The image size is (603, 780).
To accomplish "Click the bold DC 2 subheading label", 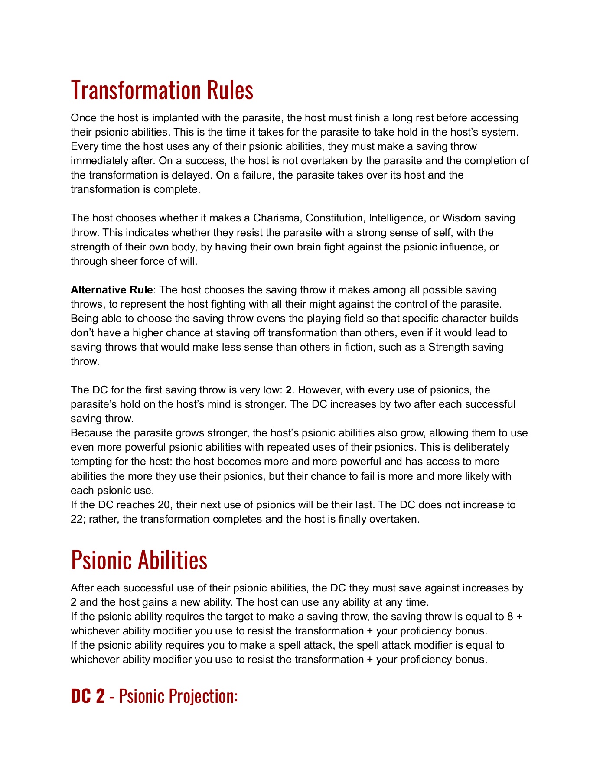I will click(88, 696).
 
